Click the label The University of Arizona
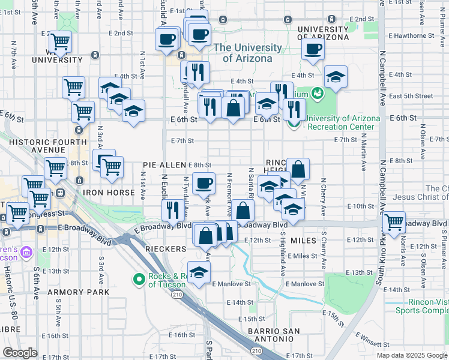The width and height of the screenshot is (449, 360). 248,53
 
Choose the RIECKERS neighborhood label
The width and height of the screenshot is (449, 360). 165,248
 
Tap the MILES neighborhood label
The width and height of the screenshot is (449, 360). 303,240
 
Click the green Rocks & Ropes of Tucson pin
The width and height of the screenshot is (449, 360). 139,279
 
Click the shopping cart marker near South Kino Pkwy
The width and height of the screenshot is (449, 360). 394,221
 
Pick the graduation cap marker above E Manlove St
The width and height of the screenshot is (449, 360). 199,272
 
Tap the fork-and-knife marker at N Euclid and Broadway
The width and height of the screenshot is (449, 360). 172,210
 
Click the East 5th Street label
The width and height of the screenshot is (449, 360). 411,96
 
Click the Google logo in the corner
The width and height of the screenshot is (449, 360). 20,353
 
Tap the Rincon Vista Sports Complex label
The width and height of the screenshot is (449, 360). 421,307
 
